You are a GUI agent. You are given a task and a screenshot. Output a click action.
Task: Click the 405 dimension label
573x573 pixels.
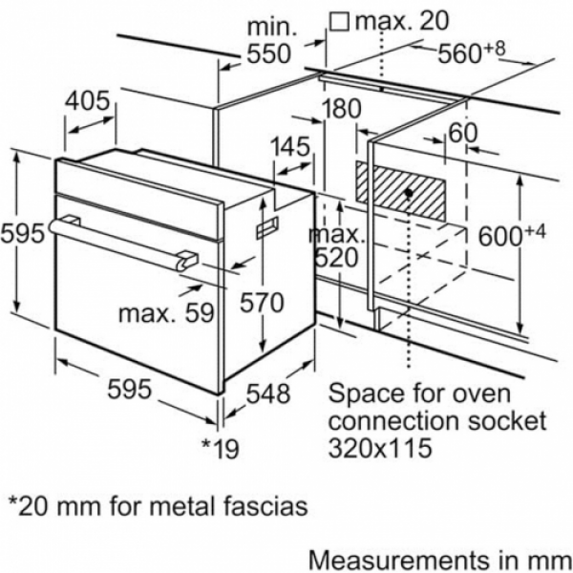(x=87, y=100)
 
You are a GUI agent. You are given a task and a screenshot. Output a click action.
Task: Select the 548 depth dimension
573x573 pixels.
(x=268, y=393)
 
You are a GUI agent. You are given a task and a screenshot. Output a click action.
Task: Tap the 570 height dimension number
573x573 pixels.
(x=262, y=303)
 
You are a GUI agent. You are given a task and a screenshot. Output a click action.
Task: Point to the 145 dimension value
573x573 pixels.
(x=290, y=146)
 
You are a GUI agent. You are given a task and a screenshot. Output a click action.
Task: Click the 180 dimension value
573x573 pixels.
(x=341, y=109)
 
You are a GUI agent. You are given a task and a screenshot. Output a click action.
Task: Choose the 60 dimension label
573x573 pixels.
(x=463, y=133)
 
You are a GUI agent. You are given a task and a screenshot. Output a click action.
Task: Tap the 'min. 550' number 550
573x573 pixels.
(x=269, y=53)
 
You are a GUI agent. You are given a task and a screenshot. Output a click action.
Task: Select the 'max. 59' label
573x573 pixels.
(x=166, y=313)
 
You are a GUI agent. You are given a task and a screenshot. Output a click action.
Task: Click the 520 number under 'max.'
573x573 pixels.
(x=336, y=258)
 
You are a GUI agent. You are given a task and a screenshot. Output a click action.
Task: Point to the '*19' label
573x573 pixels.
(x=221, y=448)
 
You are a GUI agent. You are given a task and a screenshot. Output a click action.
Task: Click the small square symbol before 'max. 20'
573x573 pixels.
(x=339, y=22)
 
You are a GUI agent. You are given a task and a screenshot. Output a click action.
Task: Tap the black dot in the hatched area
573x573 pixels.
(x=409, y=193)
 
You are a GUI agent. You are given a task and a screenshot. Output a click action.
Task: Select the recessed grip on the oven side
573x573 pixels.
(x=267, y=227)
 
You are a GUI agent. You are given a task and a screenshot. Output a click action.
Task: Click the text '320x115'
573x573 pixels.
(x=380, y=447)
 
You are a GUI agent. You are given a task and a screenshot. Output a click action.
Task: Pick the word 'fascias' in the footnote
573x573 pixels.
(x=265, y=506)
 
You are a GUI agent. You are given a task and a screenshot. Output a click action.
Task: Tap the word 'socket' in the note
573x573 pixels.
(x=507, y=420)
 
